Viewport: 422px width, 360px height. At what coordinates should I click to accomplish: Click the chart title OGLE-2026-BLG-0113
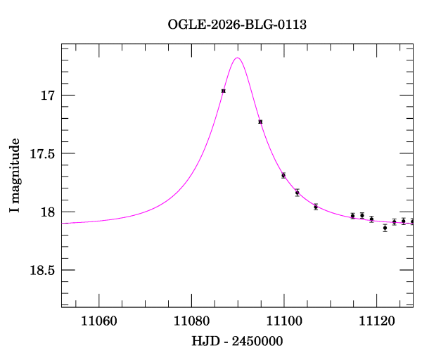(237, 25)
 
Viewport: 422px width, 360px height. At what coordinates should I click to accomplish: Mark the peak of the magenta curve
(238, 58)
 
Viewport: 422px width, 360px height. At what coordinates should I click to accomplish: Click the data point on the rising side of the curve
(223, 91)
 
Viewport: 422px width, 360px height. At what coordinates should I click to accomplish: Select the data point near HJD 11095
(260, 122)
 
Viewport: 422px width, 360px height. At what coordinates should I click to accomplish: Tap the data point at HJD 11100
(283, 175)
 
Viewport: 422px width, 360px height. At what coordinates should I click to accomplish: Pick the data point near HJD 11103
(297, 193)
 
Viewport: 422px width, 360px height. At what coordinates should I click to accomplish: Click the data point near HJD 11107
(316, 207)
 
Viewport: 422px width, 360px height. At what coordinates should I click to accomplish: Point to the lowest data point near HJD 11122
(385, 228)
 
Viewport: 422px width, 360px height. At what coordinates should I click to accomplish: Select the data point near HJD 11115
(352, 216)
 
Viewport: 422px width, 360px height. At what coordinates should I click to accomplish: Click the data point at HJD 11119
(371, 219)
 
